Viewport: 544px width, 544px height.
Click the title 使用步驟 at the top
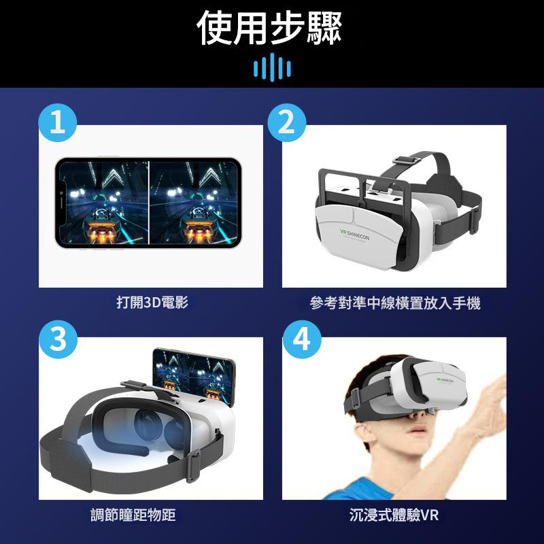pyautogui.click(x=270, y=28)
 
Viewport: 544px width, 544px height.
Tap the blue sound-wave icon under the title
pyautogui.click(x=271, y=68)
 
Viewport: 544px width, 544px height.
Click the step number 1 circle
pyautogui.click(x=58, y=123)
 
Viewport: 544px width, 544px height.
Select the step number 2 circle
pyautogui.click(x=286, y=123)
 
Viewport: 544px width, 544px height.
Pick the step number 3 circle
pyautogui.click(x=58, y=338)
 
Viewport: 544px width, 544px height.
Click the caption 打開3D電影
pyautogui.click(x=152, y=303)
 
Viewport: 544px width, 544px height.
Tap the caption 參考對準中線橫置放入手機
pyautogui.click(x=394, y=303)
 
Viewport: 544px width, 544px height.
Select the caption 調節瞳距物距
pyautogui.click(x=133, y=515)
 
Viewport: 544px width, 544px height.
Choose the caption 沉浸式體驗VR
pyautogui.click(x=394, y=515)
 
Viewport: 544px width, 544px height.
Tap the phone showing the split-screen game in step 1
pyautogui.click(x=148, y=202)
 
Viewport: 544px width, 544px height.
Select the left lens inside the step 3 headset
pyautogui.click(x=145, y=427)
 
